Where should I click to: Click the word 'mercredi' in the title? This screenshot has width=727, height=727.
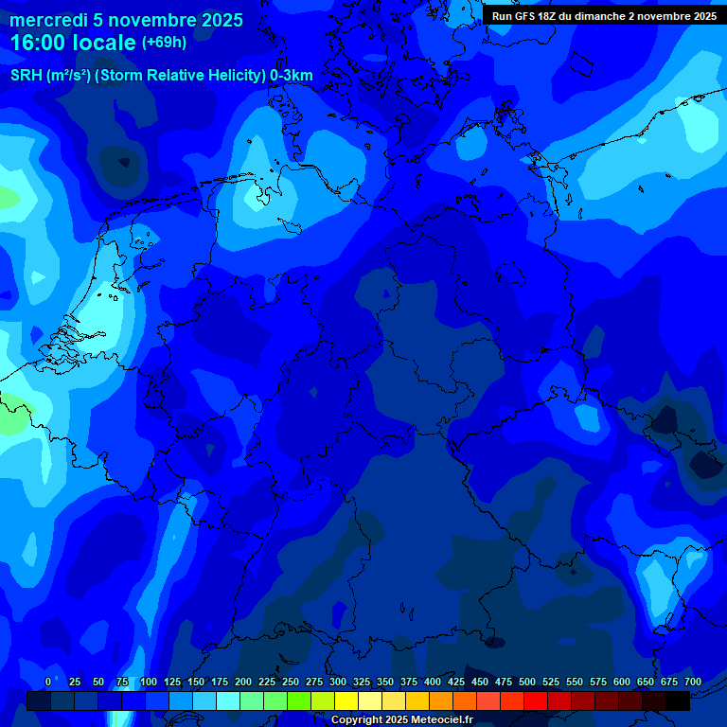[47, 20]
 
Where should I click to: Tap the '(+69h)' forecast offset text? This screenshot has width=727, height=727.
[164, 43]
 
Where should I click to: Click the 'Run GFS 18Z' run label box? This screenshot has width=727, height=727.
[529, 16]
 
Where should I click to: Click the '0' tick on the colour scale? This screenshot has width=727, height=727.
[48, 682]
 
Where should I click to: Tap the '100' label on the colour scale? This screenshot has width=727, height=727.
[149, 682]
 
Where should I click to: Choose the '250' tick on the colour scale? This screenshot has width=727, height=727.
[291, 682]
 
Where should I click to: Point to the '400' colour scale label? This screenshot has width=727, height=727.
[433, 682]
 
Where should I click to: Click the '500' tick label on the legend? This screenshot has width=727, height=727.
[527, 682]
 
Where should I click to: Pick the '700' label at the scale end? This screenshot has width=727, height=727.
[692, 682]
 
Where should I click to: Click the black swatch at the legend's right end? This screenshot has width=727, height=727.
[678, 700]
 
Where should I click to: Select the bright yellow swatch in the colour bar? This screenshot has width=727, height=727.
[346, 700]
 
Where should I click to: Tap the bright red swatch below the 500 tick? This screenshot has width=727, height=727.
[536, 700]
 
